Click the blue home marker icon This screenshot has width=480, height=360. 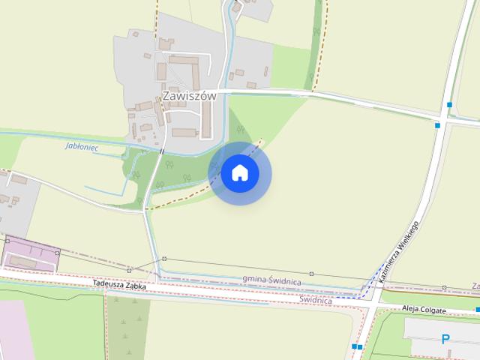pos(239,173)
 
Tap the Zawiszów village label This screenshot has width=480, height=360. pos(189,97)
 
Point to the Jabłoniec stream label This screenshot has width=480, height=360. pos(83,146)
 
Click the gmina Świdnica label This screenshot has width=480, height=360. pos(272,280)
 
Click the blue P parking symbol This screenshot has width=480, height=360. pos(445,340)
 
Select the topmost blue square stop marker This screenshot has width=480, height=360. pos(448,104)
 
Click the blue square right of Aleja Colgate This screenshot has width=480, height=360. pos(477,310)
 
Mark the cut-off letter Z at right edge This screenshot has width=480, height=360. pos(475,286)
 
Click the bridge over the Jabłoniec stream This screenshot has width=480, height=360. pos(161,151)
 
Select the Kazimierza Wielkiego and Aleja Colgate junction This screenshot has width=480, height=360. pos(373,301)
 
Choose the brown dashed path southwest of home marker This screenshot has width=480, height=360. pos(180,196)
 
